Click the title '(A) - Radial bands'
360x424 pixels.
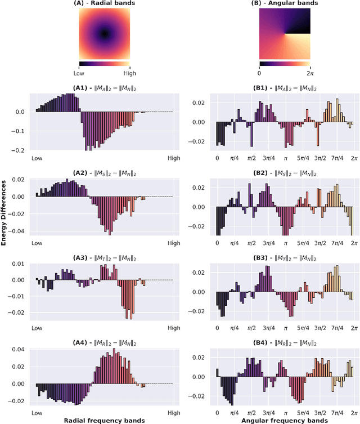pyautogui.click(x=104, y=3)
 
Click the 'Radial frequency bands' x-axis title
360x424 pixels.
pyautogui.click(x=104, y=420)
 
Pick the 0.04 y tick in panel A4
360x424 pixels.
pyautogui.click(x=20, y=350)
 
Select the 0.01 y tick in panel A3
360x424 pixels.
pyautogui.click(x=20, y=264)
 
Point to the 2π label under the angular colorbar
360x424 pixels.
pyautogui.click(x=309, y=73)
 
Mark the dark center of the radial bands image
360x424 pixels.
pyautogui.click(x=104, y=34)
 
